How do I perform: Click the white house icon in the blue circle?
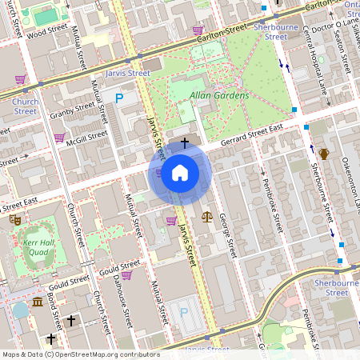180,173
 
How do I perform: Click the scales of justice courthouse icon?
208,216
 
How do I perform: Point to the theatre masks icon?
14,218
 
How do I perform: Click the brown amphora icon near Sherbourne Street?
324,154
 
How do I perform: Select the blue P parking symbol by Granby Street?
119,98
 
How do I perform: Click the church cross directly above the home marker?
185,143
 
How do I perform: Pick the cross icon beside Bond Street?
70,321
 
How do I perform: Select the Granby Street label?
74,111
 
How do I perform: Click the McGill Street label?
86,136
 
